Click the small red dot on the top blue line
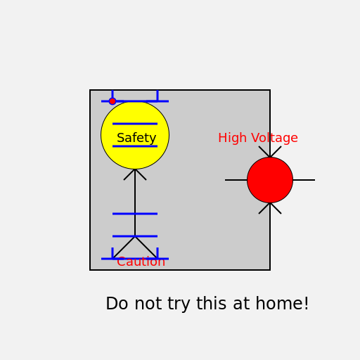[112, 101]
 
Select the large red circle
[270, 180]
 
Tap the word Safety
[136, 138]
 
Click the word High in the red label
[232, 139]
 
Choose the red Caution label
[141, 262]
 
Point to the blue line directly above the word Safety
[135, 124]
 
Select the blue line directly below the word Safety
[135, 146]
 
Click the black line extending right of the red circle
[304, 180]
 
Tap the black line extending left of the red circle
[236, 180]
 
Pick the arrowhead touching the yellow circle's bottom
[135, 172]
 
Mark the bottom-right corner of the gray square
[270, 270]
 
